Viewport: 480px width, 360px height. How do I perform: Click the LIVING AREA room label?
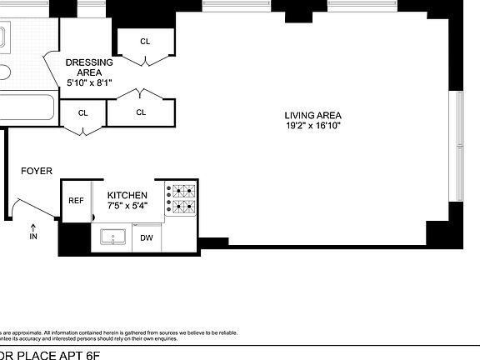click(x=312, y=115)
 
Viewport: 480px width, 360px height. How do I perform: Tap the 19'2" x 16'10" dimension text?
click(x=312, y=126)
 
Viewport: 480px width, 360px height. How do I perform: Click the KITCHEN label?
click(x=127, y=194)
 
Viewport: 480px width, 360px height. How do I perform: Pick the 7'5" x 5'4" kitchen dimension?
click(x=127, y=205)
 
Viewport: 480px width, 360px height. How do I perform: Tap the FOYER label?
click(x=37, y=172)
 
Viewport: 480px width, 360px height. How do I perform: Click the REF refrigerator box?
click(x=76, y=201)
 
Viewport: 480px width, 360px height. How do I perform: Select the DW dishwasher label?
click(x=147, y=238)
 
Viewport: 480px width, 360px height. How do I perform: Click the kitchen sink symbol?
click(x=113, y=237)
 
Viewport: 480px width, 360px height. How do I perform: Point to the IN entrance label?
click(x=33, y=237)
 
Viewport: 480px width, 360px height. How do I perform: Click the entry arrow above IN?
click(x=33, y=226)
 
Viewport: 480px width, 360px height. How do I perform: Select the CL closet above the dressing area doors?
click(x=145, y=41)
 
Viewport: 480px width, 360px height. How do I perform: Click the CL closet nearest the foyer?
click(x=83, y=112)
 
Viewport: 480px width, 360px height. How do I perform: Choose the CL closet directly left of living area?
click(x=141, y=112)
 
